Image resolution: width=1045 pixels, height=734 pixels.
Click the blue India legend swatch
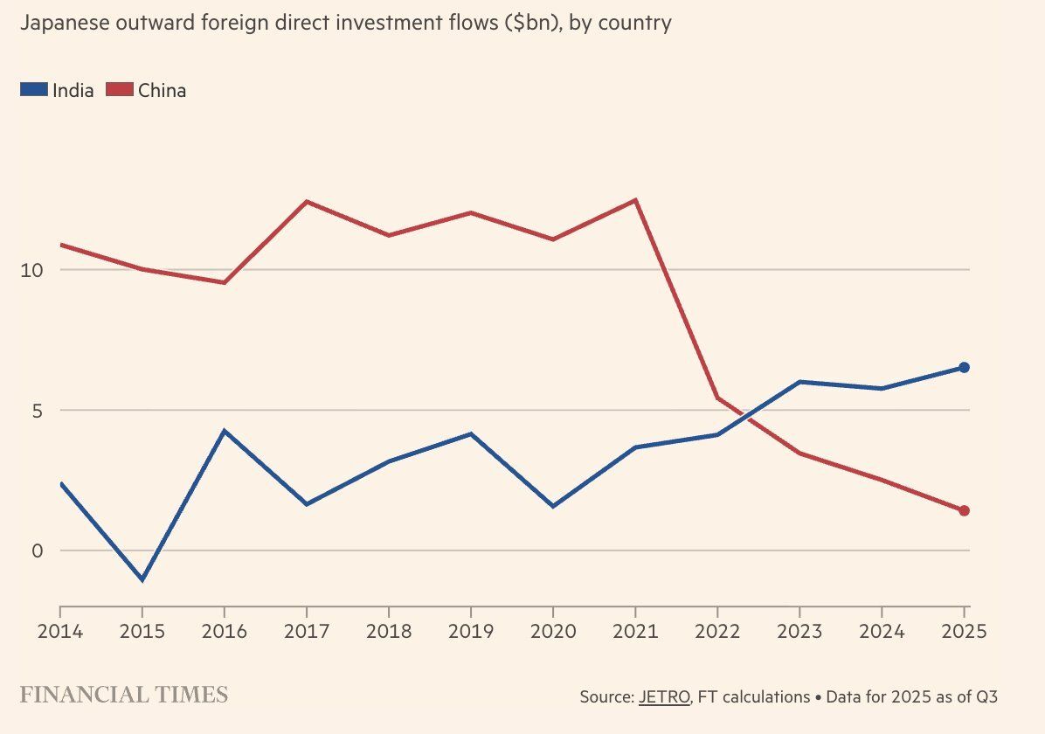[x=33, y=89]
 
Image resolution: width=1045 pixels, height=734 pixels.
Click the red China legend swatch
[x=119, y=89]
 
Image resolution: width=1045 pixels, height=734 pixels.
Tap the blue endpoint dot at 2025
[x=964, y=368]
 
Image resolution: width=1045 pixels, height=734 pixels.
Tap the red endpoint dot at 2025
[x=964, y=510]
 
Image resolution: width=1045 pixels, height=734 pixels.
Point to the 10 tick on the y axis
[x=31, y=270]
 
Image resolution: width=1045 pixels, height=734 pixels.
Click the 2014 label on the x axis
[x=60, y=631]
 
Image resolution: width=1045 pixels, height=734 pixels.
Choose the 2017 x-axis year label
[x=307, y=631]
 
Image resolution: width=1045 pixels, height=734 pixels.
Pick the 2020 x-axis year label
[x=553, y=631]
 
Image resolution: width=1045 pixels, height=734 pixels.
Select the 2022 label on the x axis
[x=717, y=631]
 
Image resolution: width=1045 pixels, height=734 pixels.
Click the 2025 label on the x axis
[x=964, y=631]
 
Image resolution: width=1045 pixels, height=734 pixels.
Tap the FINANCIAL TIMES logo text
[x=123, y=696]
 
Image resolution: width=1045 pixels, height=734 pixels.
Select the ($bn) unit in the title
[x=529, y=24]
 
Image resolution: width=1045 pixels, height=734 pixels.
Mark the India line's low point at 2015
[x=142, y=580]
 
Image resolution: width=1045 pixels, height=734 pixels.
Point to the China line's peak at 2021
[x=635, y=200]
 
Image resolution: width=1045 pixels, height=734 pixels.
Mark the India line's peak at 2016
[x=225, y=431]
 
